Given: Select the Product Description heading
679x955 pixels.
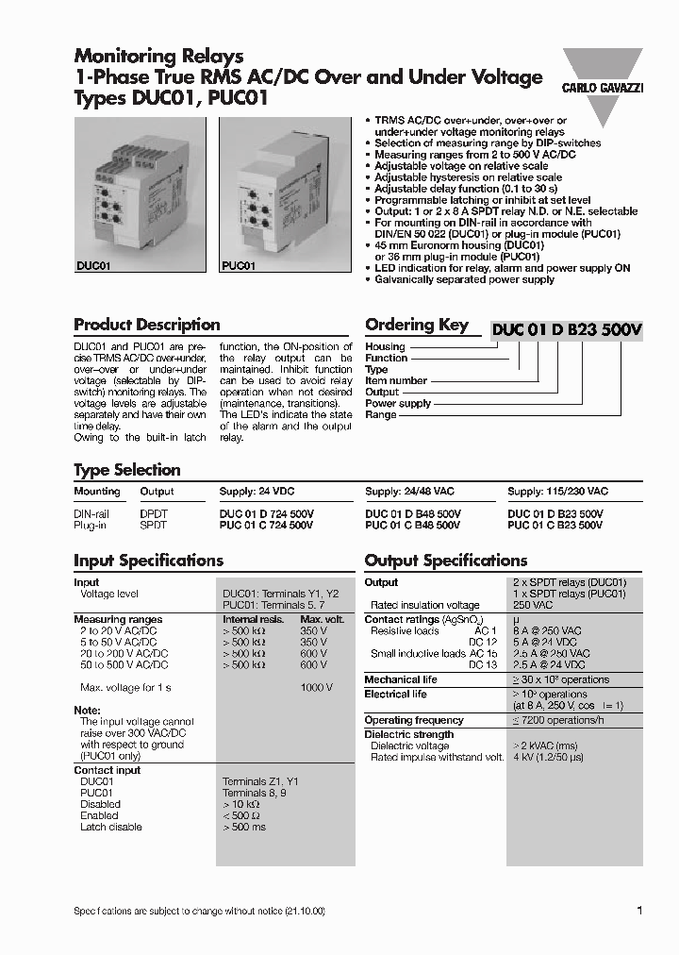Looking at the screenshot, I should [147, 325].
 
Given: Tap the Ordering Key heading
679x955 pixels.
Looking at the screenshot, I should [417, 325].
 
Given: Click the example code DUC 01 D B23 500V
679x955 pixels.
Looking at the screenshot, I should [566, 329].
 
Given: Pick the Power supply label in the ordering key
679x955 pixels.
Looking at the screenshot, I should [398, 403].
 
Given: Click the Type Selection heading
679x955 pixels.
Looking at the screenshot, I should [127, 470].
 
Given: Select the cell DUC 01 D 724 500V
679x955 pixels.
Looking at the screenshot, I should [267, 514].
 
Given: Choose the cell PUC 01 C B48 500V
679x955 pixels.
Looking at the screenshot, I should [412, 525].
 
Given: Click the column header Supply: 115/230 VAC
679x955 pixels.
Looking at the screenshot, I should [557, 492].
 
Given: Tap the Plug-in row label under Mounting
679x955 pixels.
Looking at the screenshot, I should [91, 525].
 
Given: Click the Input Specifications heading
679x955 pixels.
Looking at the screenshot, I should [148, 561].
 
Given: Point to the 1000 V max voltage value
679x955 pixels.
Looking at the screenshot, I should [316, 687].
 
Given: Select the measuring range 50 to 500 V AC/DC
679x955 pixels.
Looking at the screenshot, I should [124, 664].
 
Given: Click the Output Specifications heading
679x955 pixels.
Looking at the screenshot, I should [446, 561].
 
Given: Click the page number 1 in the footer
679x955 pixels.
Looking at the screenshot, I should [639, 911].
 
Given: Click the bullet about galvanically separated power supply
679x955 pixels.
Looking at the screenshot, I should [464, 279].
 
